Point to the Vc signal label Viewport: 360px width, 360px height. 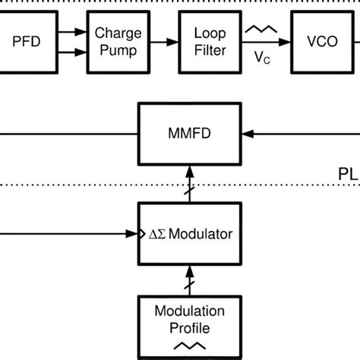261,58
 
